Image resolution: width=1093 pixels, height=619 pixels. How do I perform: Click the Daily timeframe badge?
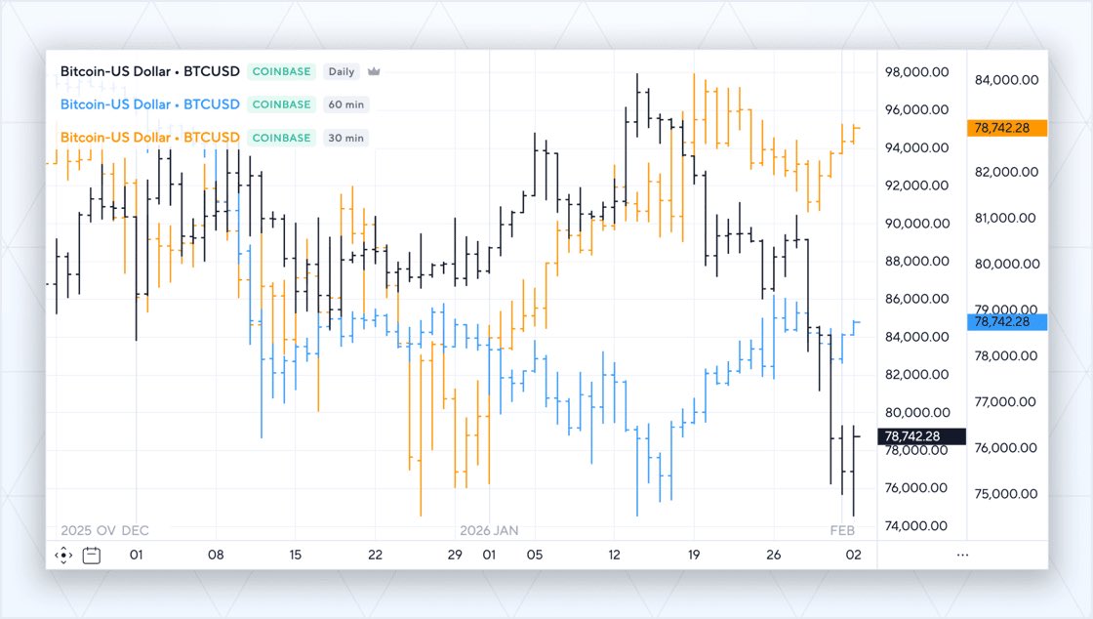click(x=342, y=71)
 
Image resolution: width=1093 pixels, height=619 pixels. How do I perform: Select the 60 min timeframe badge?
click(x=346, y=104)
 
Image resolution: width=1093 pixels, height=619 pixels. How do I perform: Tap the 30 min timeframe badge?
click(x=346, y=138)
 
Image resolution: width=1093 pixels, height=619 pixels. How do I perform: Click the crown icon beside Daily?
click(x=373, y=71)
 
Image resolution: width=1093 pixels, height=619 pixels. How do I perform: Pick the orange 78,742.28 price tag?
click(x=1007, y=128)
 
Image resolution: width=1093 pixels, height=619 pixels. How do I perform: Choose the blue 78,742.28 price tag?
click(x=1007, y=321)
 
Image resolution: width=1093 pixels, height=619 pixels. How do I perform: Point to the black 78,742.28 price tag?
click(x=922, y=436)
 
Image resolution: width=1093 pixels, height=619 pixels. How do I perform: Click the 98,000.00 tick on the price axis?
click(x=916, y=72)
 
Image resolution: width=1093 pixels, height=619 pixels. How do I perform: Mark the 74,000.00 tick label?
click(x=916, y=525)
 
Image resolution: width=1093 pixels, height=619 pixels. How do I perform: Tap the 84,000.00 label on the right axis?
click(x=1006, y=80)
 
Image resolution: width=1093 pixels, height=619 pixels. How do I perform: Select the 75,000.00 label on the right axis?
click(x=1006, y=494)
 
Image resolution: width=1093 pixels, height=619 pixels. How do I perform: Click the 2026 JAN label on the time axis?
click(x=489, y=530)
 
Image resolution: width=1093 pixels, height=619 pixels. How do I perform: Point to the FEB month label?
click(x=842, y=530)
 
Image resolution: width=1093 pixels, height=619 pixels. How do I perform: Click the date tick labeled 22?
click(x=375, y=555)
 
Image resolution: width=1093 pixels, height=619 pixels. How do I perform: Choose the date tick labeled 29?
click(x=455, y=555)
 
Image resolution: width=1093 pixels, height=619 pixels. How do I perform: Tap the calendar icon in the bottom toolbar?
click(x=92, y=556)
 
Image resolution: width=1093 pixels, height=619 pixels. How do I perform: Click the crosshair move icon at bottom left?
click(x=63, y=556)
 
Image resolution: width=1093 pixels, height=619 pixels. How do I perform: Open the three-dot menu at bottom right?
click(x=963, y=555)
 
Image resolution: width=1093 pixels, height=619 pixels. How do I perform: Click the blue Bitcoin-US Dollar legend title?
click(x=149, y=104)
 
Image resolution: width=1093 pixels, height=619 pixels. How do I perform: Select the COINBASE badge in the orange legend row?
click(x=281, y=138)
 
